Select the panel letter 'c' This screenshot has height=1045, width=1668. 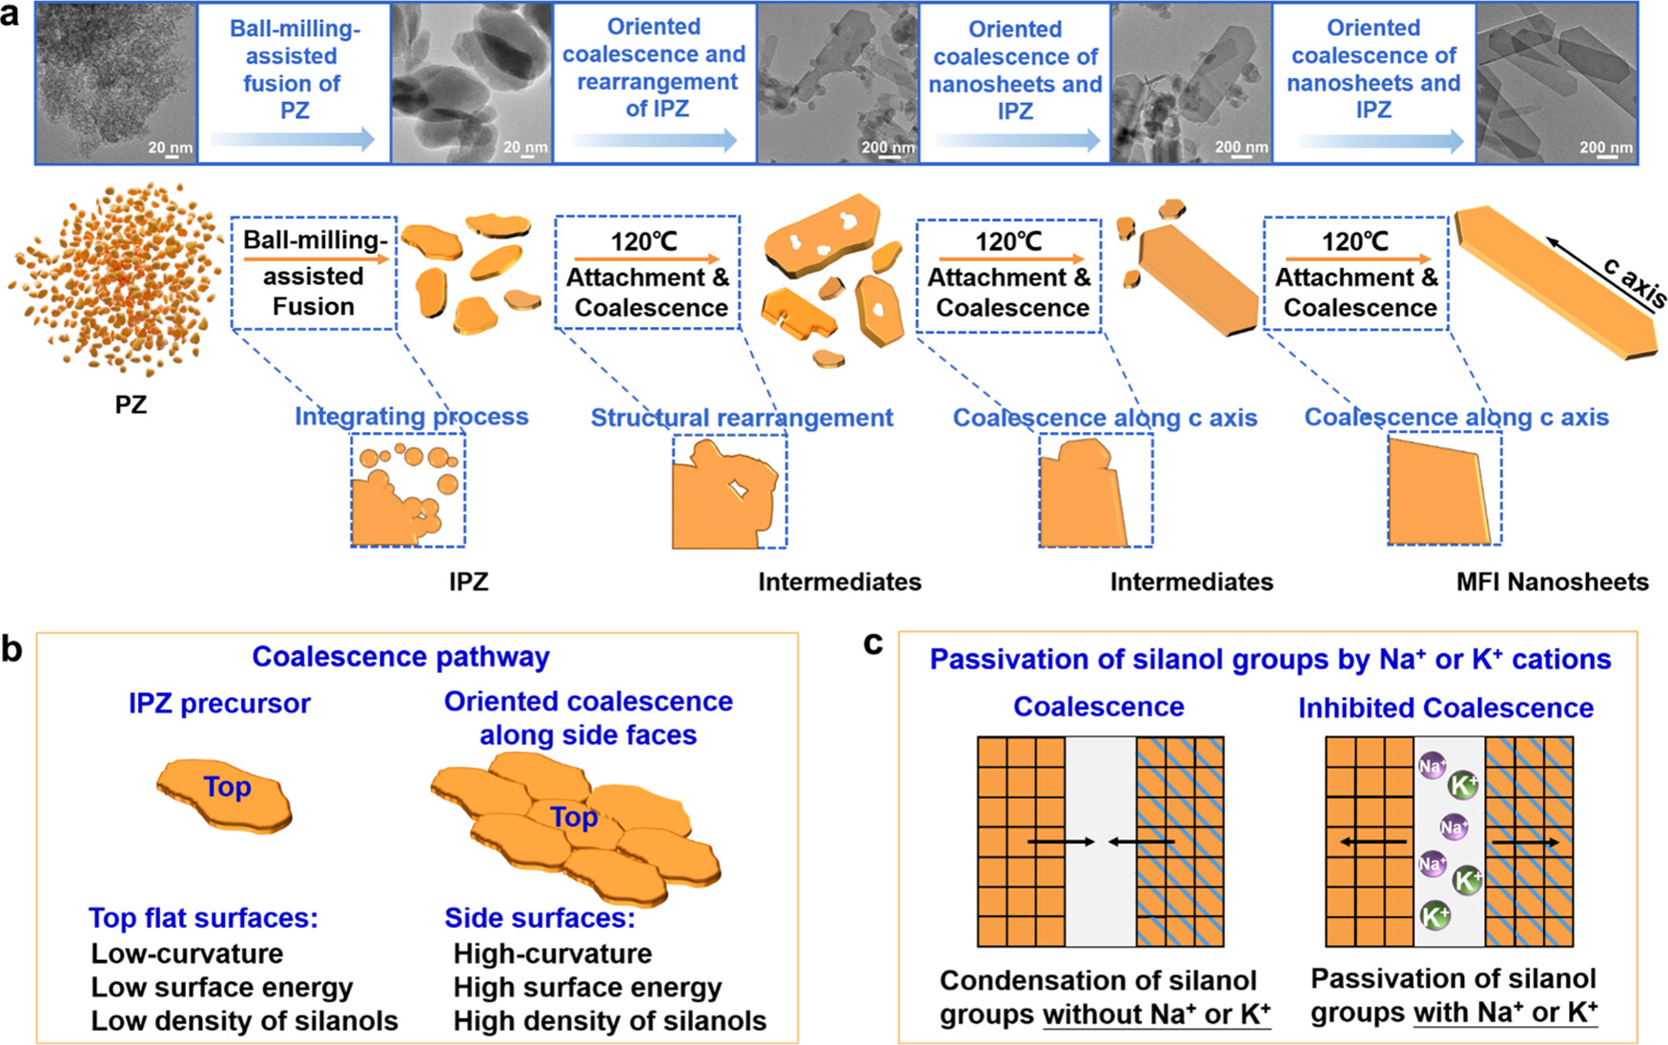click(x=872, y=643)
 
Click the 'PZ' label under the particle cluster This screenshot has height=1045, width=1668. click(x=131, y=404)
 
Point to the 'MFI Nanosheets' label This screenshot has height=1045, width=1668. click(x=1552, y=582)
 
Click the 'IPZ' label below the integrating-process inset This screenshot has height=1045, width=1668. click(x=468, y=582)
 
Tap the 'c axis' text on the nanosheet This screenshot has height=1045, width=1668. click(x=1634, y=283)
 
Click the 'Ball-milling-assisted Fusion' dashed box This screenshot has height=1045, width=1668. click(x=314, y=274)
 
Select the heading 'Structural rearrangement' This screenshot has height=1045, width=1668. click(x=742, y=418)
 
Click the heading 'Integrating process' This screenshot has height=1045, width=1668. click(x=411, y=417)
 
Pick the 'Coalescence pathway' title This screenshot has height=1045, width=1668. click(x=400, y=657)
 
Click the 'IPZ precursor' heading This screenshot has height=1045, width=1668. click(x=219, y=704)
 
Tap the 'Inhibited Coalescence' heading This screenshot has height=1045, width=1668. click(x=1445, y=707)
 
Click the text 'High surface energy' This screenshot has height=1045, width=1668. click(x=587, y=987)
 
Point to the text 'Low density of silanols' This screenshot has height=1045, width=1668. click(x=244, y=1020)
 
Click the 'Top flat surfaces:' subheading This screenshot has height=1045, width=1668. click(x=203, y=917)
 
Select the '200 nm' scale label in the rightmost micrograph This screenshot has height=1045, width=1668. click(x=1605, y=147)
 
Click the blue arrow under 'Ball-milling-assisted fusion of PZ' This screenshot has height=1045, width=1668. click(x=293, y=140)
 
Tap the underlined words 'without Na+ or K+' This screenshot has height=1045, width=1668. click(x=1156, y=1014)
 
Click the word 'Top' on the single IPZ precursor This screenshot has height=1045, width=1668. click(x=227, y=787)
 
